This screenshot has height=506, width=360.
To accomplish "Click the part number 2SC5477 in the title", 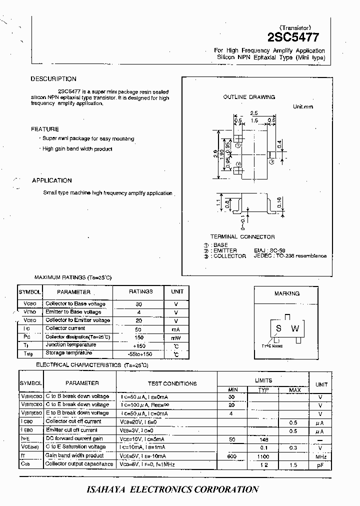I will tap(296, 38).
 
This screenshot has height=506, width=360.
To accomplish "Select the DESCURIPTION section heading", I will tap(53, 79).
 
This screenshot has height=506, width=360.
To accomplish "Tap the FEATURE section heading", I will tap(45, 129).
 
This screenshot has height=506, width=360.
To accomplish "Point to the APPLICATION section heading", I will tap(52, 180).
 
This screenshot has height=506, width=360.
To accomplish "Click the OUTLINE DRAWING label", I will tap(249, 97).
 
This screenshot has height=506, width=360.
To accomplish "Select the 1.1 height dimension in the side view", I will tap(218, 203).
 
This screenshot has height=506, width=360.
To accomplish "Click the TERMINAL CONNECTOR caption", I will tap(242, 236).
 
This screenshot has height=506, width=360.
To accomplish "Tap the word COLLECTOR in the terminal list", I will tap(230, 256).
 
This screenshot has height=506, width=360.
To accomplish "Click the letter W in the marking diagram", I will tap(295, 328).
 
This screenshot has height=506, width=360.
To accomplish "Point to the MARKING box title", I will tap(287, 293).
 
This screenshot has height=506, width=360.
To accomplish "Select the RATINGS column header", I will tap(141, 291).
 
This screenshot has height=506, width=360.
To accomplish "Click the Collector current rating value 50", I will tap(138, 329).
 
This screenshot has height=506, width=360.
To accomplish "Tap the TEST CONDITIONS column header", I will tap(172, 383).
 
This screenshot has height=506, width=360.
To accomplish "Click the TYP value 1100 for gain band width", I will tap(263, 456).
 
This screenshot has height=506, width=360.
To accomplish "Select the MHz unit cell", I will tap(321, 456).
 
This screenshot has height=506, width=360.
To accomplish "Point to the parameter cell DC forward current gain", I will tap(73, 438).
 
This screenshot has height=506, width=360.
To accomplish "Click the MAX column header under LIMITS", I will tap(295, 389).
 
